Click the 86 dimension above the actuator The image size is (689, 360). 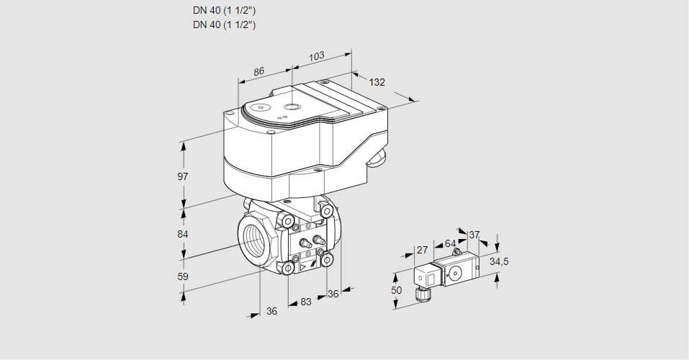(259, 71)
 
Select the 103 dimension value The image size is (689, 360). (316, 56)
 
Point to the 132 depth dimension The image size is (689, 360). (377, 82)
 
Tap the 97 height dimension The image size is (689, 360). (183, 176)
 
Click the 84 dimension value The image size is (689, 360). (183, 235)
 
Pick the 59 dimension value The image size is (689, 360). (183, 276)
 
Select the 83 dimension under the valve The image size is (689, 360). (306, 302)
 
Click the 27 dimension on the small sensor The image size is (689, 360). (423, 251)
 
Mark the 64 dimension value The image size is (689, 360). (450, 243)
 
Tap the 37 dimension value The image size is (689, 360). (474, 235)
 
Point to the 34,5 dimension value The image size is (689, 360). (498, 261)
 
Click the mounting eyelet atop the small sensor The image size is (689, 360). (456, 253)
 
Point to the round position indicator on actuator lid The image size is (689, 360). (290, 107)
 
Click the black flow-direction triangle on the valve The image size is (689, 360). (309, 266)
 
